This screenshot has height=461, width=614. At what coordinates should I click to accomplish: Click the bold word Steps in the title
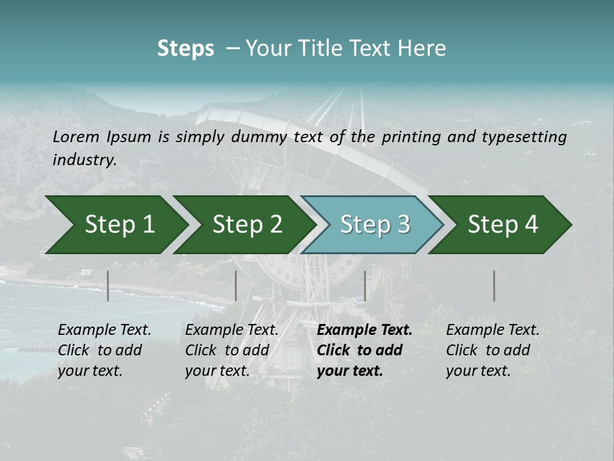[185, 49]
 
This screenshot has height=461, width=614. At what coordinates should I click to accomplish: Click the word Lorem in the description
[75, 136]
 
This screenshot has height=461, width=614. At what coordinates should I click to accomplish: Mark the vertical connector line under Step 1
[108, 286]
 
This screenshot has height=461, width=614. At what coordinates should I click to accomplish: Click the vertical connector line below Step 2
[236, 286]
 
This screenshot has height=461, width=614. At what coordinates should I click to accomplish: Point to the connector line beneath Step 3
[365, 286]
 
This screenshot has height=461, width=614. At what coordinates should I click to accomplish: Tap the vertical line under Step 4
[494, 286]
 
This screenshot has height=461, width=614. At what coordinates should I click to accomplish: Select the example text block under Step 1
[104, 350]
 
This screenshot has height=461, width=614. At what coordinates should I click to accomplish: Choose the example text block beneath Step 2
[232, 350]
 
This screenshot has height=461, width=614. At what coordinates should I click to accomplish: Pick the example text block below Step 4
[492, 350]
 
